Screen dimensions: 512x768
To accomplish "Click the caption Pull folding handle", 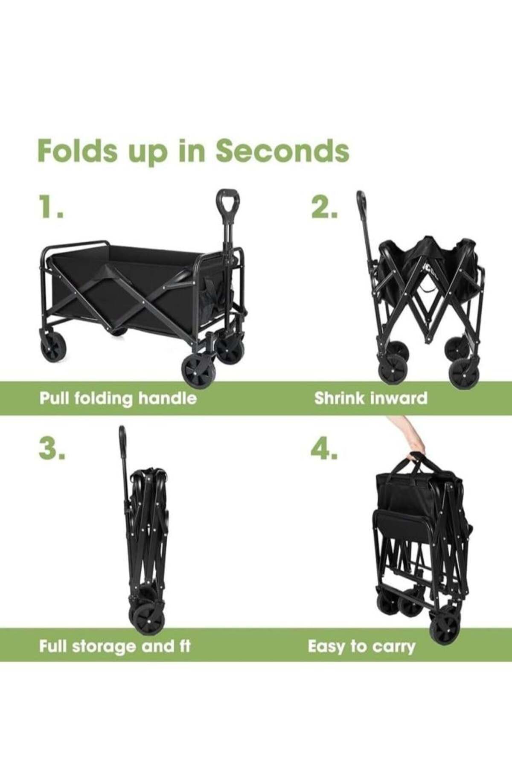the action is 118,398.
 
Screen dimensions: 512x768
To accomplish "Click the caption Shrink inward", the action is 370,398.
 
